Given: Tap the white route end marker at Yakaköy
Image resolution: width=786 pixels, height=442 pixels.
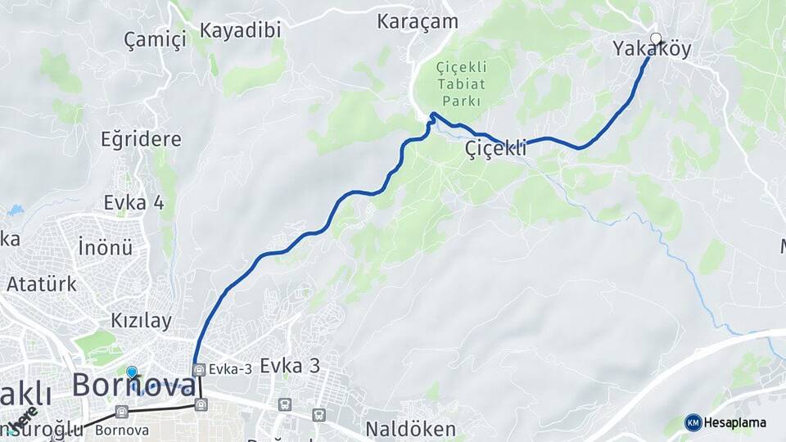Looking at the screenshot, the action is [656, 38].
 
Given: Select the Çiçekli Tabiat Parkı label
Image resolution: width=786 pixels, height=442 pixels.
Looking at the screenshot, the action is [460, 83].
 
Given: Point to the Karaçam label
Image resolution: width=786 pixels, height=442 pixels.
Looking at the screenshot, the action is [418, 22].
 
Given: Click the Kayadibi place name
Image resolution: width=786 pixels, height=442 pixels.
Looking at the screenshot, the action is [241, 30].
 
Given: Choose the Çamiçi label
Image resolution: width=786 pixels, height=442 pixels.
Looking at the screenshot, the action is [155, 38].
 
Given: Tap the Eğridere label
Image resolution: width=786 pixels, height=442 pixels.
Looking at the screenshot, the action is [141, 139].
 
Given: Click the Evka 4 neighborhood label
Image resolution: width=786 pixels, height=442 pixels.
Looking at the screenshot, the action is [133, 203].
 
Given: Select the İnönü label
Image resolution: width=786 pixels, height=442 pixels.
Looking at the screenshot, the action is [105, 246].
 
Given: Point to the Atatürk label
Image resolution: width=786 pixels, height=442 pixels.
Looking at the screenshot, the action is [42, 285].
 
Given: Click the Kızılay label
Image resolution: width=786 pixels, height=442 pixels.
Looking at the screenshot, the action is [141, 320].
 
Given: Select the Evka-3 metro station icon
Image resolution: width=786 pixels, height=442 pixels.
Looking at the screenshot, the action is [198, 369].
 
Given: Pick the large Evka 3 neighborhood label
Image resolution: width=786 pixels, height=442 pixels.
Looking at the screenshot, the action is [290, 366].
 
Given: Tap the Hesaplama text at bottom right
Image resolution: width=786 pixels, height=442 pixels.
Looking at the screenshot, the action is [735, 422].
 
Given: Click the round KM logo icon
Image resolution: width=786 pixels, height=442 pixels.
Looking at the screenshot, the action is [693, 422].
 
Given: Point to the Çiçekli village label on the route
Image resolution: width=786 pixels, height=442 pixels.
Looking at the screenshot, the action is [494, 149].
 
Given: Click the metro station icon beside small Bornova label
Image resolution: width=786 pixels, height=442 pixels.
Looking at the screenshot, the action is [122, 412].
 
